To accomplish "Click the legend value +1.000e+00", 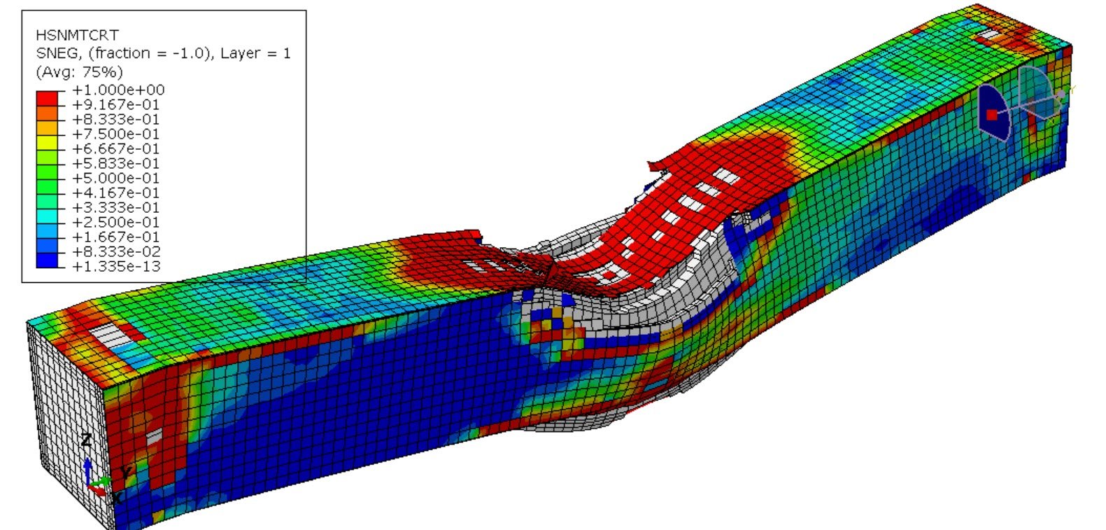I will coord(118,90).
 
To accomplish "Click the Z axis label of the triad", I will coord(86,440).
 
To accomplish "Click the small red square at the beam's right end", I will coord(991,114).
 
